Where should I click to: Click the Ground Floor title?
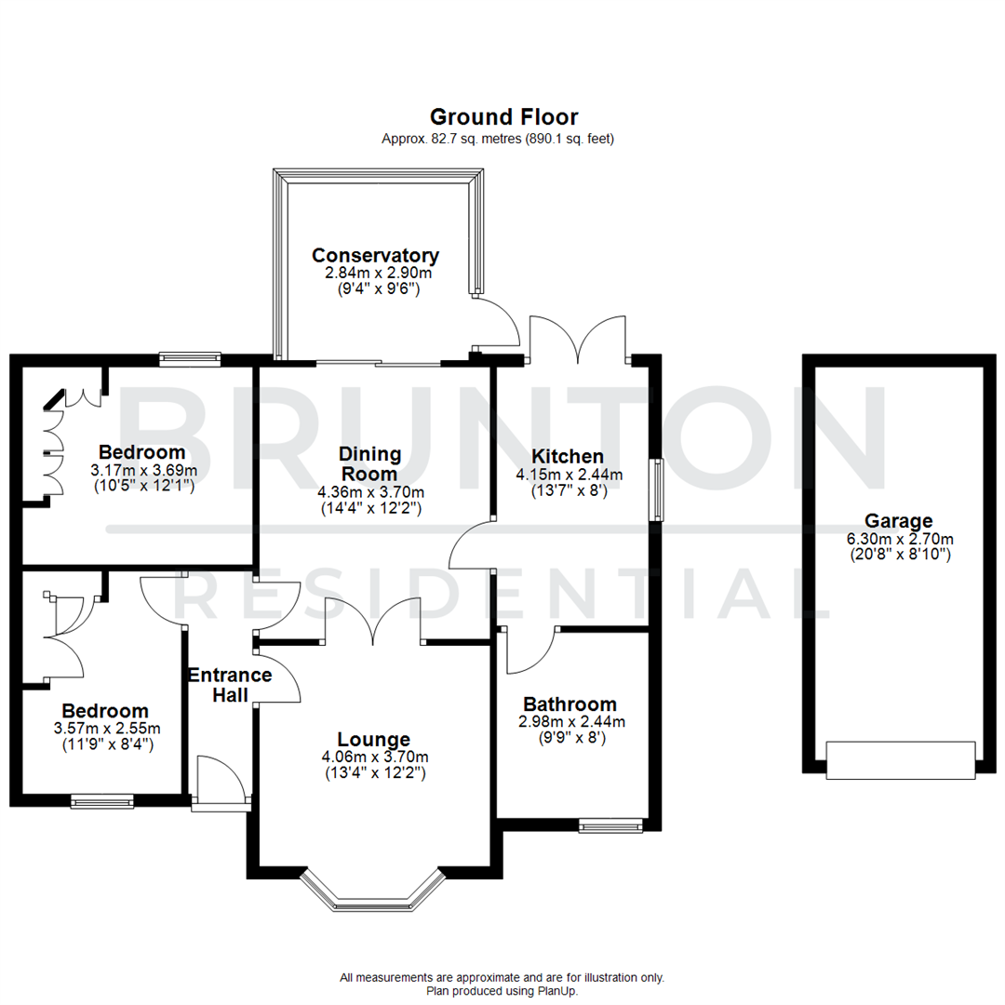(x=503, y=117)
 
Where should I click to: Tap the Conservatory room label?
(x=375, y=256)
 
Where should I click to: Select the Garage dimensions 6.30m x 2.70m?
(x=898, y=539)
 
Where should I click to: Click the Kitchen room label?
(x=568, y=457)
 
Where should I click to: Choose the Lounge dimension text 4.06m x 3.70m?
(x=375, y=757)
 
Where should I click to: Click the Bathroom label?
(x=569, y=704)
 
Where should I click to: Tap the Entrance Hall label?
(x=229, y=684)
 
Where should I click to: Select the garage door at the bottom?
(x=900, y=759)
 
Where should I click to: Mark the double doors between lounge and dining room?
(x=374, y=623)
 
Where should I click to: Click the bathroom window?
(x=610, y=824)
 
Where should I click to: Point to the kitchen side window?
(x=657, y=489)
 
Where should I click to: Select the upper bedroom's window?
(x=190, y=357)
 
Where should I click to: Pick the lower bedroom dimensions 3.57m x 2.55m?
(x=106, y=729)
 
